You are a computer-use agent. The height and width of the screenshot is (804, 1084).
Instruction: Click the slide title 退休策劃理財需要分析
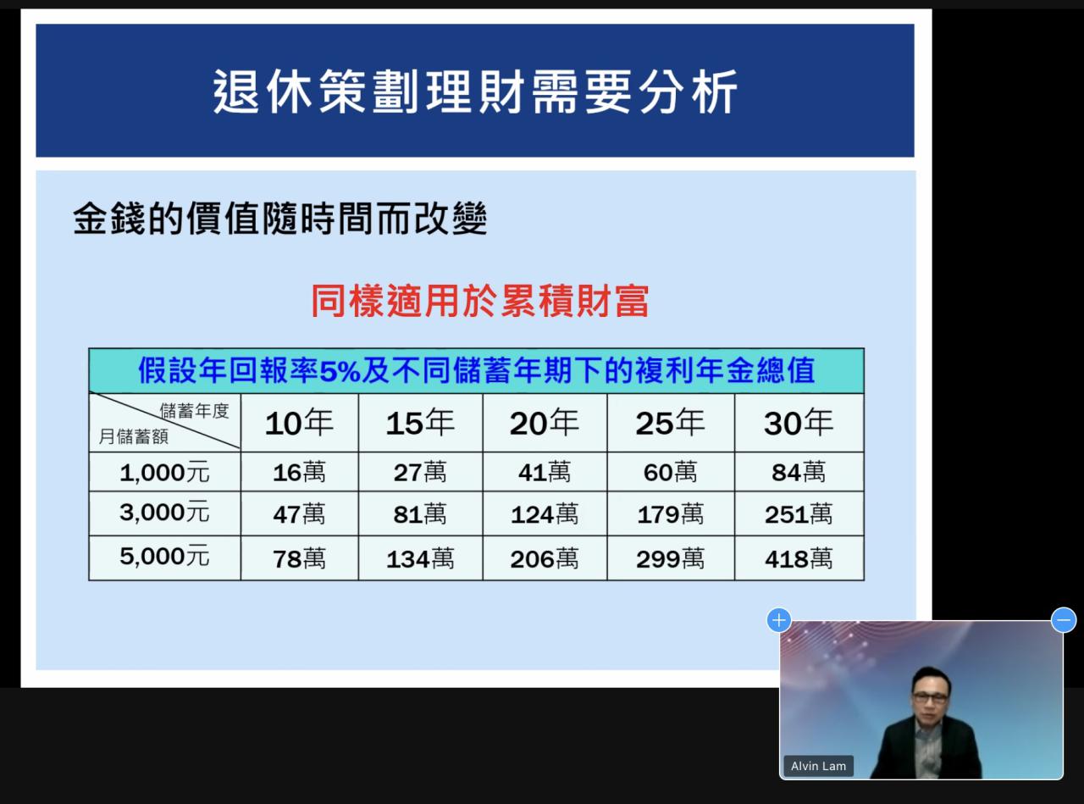(475, 91)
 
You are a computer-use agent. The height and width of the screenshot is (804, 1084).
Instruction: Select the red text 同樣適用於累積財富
(480, 301)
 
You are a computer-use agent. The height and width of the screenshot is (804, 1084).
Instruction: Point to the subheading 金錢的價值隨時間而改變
(280, 218)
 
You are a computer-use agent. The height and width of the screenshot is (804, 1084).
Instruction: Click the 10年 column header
(299, 423)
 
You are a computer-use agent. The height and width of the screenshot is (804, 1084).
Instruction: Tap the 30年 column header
(799, 423)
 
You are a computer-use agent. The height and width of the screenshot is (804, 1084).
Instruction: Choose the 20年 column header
(545, 423)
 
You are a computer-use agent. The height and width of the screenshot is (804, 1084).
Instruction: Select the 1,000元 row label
(164, 473)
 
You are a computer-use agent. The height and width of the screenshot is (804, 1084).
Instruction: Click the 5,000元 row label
(164, 556)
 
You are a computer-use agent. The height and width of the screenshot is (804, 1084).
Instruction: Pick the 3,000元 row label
(164, 512)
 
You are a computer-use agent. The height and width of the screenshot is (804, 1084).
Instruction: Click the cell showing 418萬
(799, 559)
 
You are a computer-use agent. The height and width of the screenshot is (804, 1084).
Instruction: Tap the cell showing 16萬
(299, 473)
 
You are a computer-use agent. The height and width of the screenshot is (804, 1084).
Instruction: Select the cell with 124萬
(545, 514)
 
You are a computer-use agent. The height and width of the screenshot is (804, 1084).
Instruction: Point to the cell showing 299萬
(670, 559)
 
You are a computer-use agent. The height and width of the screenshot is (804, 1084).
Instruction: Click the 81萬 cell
(420, 514)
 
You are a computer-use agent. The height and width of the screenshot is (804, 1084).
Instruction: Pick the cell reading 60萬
(670, 473)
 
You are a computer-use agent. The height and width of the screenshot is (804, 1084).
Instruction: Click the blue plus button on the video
(778, 620)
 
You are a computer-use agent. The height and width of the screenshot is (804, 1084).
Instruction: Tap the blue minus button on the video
(1064, 620)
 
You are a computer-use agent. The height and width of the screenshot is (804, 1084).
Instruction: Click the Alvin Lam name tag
(819, 766)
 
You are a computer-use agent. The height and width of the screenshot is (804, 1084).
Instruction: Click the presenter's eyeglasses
(931, 698)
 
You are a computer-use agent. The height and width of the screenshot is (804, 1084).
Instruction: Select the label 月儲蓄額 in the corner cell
(134, 436)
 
